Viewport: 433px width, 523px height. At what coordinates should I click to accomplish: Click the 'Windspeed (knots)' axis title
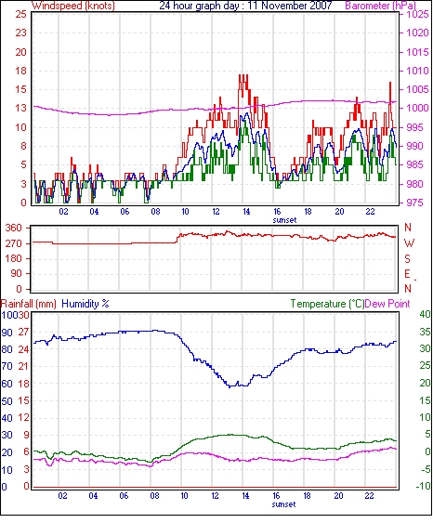(73, 6)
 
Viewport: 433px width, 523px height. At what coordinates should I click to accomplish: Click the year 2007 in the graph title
(320, 6)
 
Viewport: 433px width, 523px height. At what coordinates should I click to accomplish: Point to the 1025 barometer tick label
(417, 14)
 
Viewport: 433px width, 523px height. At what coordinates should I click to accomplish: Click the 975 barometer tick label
(414, 203)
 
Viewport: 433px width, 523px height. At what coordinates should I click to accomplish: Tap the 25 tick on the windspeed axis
(20, 14)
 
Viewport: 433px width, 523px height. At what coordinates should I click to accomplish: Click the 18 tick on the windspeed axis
(20, 71)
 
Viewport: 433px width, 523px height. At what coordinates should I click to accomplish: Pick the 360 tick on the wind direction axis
(14, 228)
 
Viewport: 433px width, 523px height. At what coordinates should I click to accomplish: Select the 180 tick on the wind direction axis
(14, 258)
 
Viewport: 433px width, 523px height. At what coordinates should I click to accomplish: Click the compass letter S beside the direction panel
(408, 258)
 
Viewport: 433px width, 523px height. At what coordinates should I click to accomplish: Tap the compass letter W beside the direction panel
(409, 243)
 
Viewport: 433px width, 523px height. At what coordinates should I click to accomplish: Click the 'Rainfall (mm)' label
(29, 304)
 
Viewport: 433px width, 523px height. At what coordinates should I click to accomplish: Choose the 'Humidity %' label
(85, 304)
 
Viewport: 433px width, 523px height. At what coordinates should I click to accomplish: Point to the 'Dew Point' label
(387, 304)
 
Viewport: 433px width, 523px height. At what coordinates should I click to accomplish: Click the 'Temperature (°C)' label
(327, 304)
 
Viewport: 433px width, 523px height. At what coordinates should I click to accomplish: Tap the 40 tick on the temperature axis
(425, 314)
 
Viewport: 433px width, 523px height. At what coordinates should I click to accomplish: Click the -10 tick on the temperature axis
(423, 486)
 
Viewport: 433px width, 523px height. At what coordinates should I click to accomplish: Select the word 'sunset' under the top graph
(284, 220)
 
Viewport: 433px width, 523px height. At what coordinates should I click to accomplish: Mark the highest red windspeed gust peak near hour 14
(243, 75)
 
